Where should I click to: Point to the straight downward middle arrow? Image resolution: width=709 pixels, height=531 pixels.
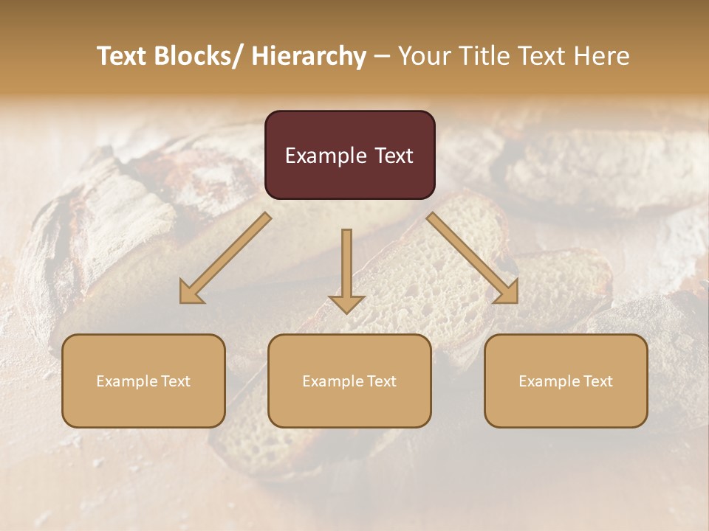[346, 265]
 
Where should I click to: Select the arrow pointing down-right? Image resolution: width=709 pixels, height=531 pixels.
[473, 258]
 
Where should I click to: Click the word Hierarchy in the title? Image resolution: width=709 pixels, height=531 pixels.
[309, 57]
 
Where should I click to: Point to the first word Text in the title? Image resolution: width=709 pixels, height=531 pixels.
[123, 57]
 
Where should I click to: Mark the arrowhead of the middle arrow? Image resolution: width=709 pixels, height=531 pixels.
[346, 303]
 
